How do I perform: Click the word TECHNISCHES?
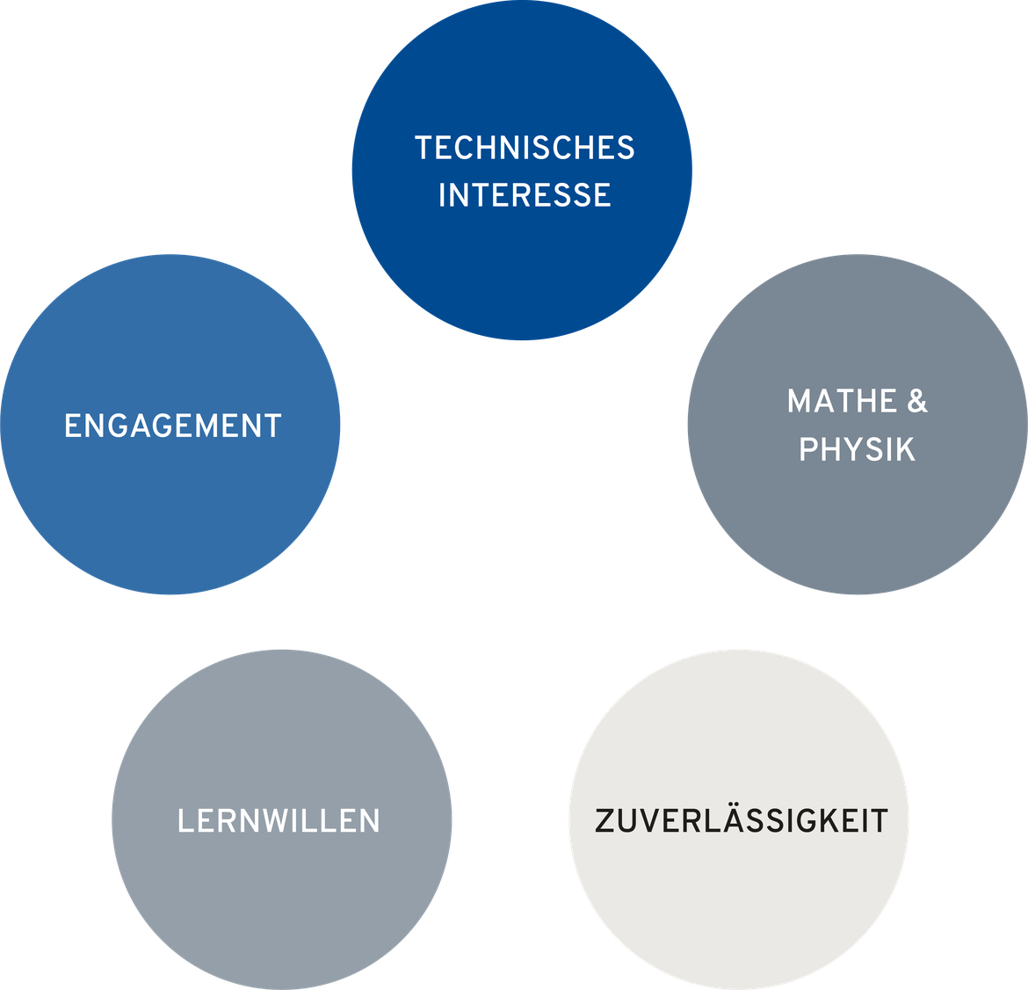tap(525, 148)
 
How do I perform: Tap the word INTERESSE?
tap(525, 195)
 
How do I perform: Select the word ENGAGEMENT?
tap(173, 426)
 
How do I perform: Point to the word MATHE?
tap(842, 401)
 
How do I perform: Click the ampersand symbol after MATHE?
tap(917, 401)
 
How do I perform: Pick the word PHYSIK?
tap(857, 449)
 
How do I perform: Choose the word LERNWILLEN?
tap(279, 820)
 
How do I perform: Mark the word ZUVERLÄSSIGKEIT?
tap(742, 820)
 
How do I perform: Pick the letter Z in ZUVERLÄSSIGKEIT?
tap(604, 820)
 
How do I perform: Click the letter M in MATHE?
tap(800, 401)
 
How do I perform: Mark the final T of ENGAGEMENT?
tap(272, 426)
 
